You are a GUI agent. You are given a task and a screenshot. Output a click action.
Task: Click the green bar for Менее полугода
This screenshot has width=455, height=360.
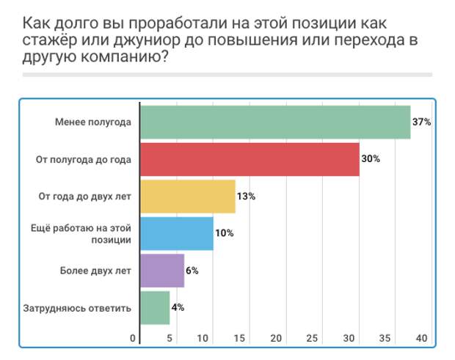pyautogui.click(x=275, y=122)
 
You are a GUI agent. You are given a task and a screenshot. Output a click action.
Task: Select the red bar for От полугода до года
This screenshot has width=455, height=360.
pyautogui.click(x=250, y=160)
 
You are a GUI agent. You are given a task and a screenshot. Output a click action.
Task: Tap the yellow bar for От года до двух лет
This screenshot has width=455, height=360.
pyautogui.click(x=188, y=196)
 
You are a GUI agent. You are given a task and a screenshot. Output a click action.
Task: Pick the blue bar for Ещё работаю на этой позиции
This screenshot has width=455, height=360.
pyautogui.click(x=177, y=233)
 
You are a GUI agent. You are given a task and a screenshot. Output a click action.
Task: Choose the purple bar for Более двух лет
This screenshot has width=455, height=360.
pyautogui.click(x=162, y=271)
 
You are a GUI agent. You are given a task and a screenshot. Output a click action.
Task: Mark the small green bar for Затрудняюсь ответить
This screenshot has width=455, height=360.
pyautogui.click(x=155, y=308)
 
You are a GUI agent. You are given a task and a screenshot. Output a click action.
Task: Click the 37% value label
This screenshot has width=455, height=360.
pyautogui.click(x=421, y=122)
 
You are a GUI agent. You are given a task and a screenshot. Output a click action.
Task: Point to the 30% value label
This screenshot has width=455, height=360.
pyautogui.click(x=371, y=159)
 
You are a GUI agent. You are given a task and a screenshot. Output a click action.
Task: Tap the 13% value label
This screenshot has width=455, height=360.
pyautogui.click(x=246, y=196)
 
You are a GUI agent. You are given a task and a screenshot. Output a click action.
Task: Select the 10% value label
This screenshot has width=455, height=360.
pyautogui.click(x=225, y=233)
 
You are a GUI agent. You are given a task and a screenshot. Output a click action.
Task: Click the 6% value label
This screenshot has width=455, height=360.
pyautogui.click(x=192, y=271)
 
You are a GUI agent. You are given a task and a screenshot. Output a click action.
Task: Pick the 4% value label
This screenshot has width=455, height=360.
pyautogui.click(x=178, y=307)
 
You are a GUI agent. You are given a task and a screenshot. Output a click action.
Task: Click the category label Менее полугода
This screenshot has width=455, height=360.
pyautogui.click(x=92, y=122)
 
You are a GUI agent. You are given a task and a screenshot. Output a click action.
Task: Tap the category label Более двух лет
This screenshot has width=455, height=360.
pyautogui.click(x=95, y=271)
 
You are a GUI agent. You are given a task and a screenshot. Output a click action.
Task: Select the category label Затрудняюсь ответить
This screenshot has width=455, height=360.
pyautogui.click(x=76, y=308)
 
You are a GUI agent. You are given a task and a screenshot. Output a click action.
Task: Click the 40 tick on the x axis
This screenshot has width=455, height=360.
pyautogui.click(x=421, y=338)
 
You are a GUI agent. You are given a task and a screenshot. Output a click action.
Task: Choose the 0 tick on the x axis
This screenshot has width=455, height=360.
pyautogui.click(x=133, y=338)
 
